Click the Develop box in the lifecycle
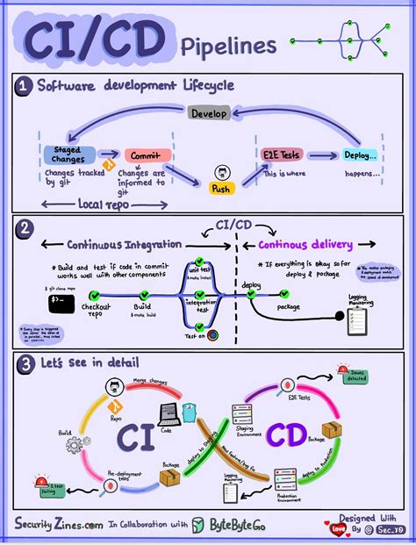coord(210,114)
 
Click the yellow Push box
coord(219,188)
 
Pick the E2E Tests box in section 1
coord(282,155)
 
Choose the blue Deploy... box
coord(360,155)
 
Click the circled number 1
coord(23,86)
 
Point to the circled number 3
coord(24,362)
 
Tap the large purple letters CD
coord(287,434)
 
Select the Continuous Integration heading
coord(124,244)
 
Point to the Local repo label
coord(82,203)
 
